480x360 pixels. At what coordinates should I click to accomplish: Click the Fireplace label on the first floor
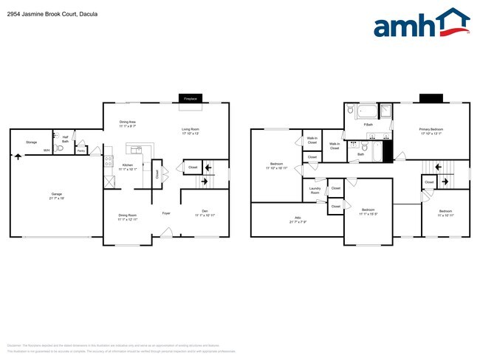[x=191, y=98]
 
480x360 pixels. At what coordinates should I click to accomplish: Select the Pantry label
[x=80, y=150]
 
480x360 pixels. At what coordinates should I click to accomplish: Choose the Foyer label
[x=167, y=213]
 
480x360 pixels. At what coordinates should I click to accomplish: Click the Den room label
[x=205, y=212]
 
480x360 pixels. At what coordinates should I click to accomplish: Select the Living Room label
[x=191, y=130]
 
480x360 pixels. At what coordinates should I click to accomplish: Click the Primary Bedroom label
[x=431, y=130]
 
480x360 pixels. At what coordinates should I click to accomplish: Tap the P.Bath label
[x=367, y=125]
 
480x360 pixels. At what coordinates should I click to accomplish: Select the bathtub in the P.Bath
[x=366, y=112]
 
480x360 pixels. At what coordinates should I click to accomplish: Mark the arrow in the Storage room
[x=18, y=156]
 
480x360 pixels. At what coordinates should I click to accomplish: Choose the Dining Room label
[x=128, y=216]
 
